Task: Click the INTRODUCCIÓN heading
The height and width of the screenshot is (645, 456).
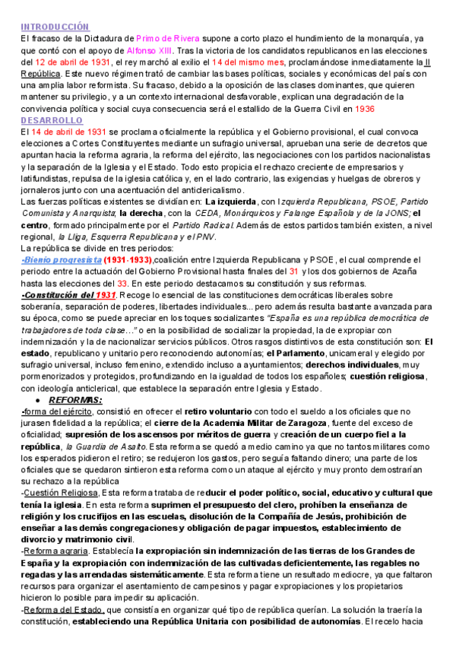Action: (55, 27)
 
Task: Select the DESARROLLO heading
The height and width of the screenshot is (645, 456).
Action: (52, 120)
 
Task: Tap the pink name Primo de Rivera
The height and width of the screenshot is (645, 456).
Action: (167, 38)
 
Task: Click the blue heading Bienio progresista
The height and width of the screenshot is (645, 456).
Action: (61, 259)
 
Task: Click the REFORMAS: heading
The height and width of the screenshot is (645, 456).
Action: (75, 400)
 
